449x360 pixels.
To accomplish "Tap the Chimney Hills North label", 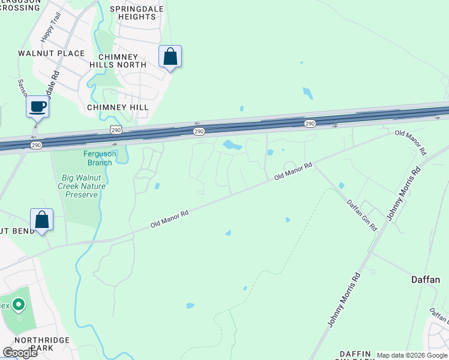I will pos(118,60).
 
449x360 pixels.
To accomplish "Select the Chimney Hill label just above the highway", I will pos(117,107).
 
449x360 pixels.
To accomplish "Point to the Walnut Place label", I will pos(52,53).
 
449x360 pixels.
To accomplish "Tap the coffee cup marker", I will pos(37,106).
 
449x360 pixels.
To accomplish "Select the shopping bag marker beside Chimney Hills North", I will pos(170,57).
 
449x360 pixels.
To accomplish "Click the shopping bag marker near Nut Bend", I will pos(42,220).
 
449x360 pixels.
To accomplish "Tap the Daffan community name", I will pos(426,280).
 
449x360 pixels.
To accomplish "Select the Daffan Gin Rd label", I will pos(361,215).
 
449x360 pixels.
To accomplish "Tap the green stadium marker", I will pos(19,306).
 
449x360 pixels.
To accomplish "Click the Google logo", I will pos(20,353).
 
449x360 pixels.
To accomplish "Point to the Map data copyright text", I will pos(412,355).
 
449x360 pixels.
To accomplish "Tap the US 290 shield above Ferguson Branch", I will pos(116,130).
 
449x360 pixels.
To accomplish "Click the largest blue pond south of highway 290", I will pos(232,145).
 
